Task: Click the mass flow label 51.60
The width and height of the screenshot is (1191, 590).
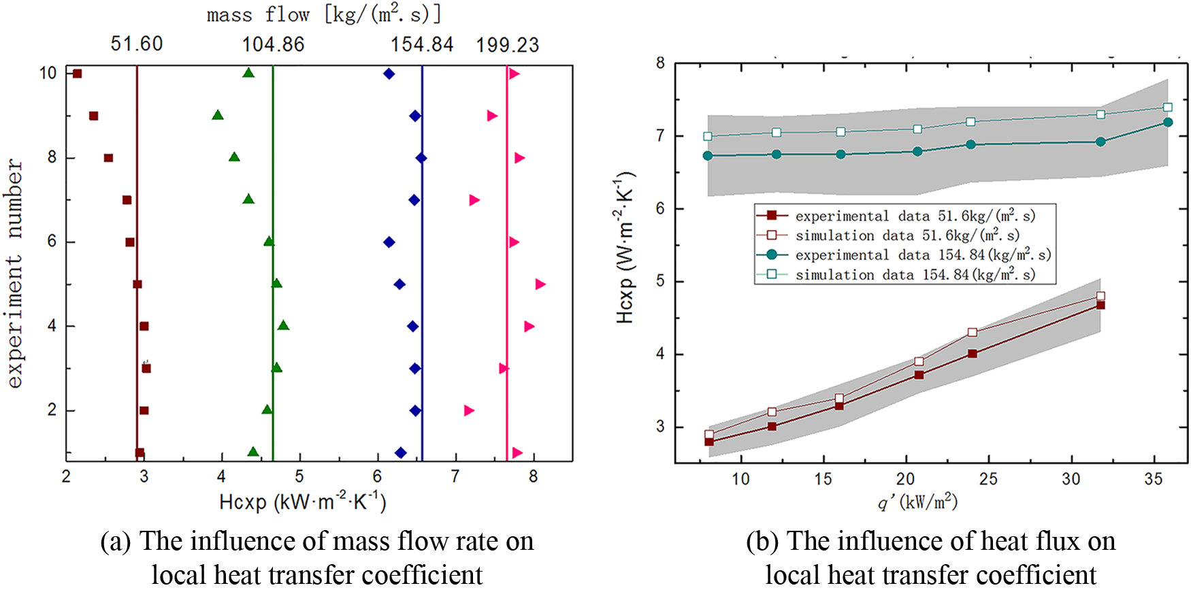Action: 137,45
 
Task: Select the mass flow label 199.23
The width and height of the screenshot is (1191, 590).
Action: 507,46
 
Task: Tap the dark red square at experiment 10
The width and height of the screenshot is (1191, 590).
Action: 77,73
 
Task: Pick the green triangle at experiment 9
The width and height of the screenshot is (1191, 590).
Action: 218,116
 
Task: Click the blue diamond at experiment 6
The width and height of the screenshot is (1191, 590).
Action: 389,242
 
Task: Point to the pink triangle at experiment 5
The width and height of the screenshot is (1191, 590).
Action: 540,284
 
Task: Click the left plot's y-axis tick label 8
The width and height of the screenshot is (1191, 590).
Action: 52,158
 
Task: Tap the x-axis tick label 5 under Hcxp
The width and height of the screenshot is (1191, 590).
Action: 299,477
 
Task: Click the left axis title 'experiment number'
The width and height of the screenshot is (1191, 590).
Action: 15,274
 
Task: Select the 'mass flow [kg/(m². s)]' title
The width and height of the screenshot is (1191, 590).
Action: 324,14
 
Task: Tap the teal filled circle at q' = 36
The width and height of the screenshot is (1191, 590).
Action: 1168,122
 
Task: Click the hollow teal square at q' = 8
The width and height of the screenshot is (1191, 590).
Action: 708,136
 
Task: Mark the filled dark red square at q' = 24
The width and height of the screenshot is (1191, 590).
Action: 973,354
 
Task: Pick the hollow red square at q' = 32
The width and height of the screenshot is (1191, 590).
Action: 1100,296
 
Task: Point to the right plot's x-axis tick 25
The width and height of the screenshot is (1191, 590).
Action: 988,480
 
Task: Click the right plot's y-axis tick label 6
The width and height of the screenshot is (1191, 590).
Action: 660,209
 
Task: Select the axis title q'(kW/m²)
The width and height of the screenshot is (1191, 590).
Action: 917,503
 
